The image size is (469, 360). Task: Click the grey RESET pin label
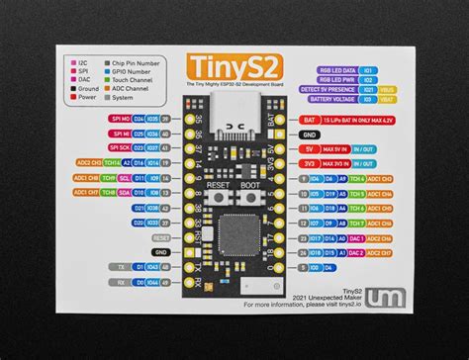point(161,237)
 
